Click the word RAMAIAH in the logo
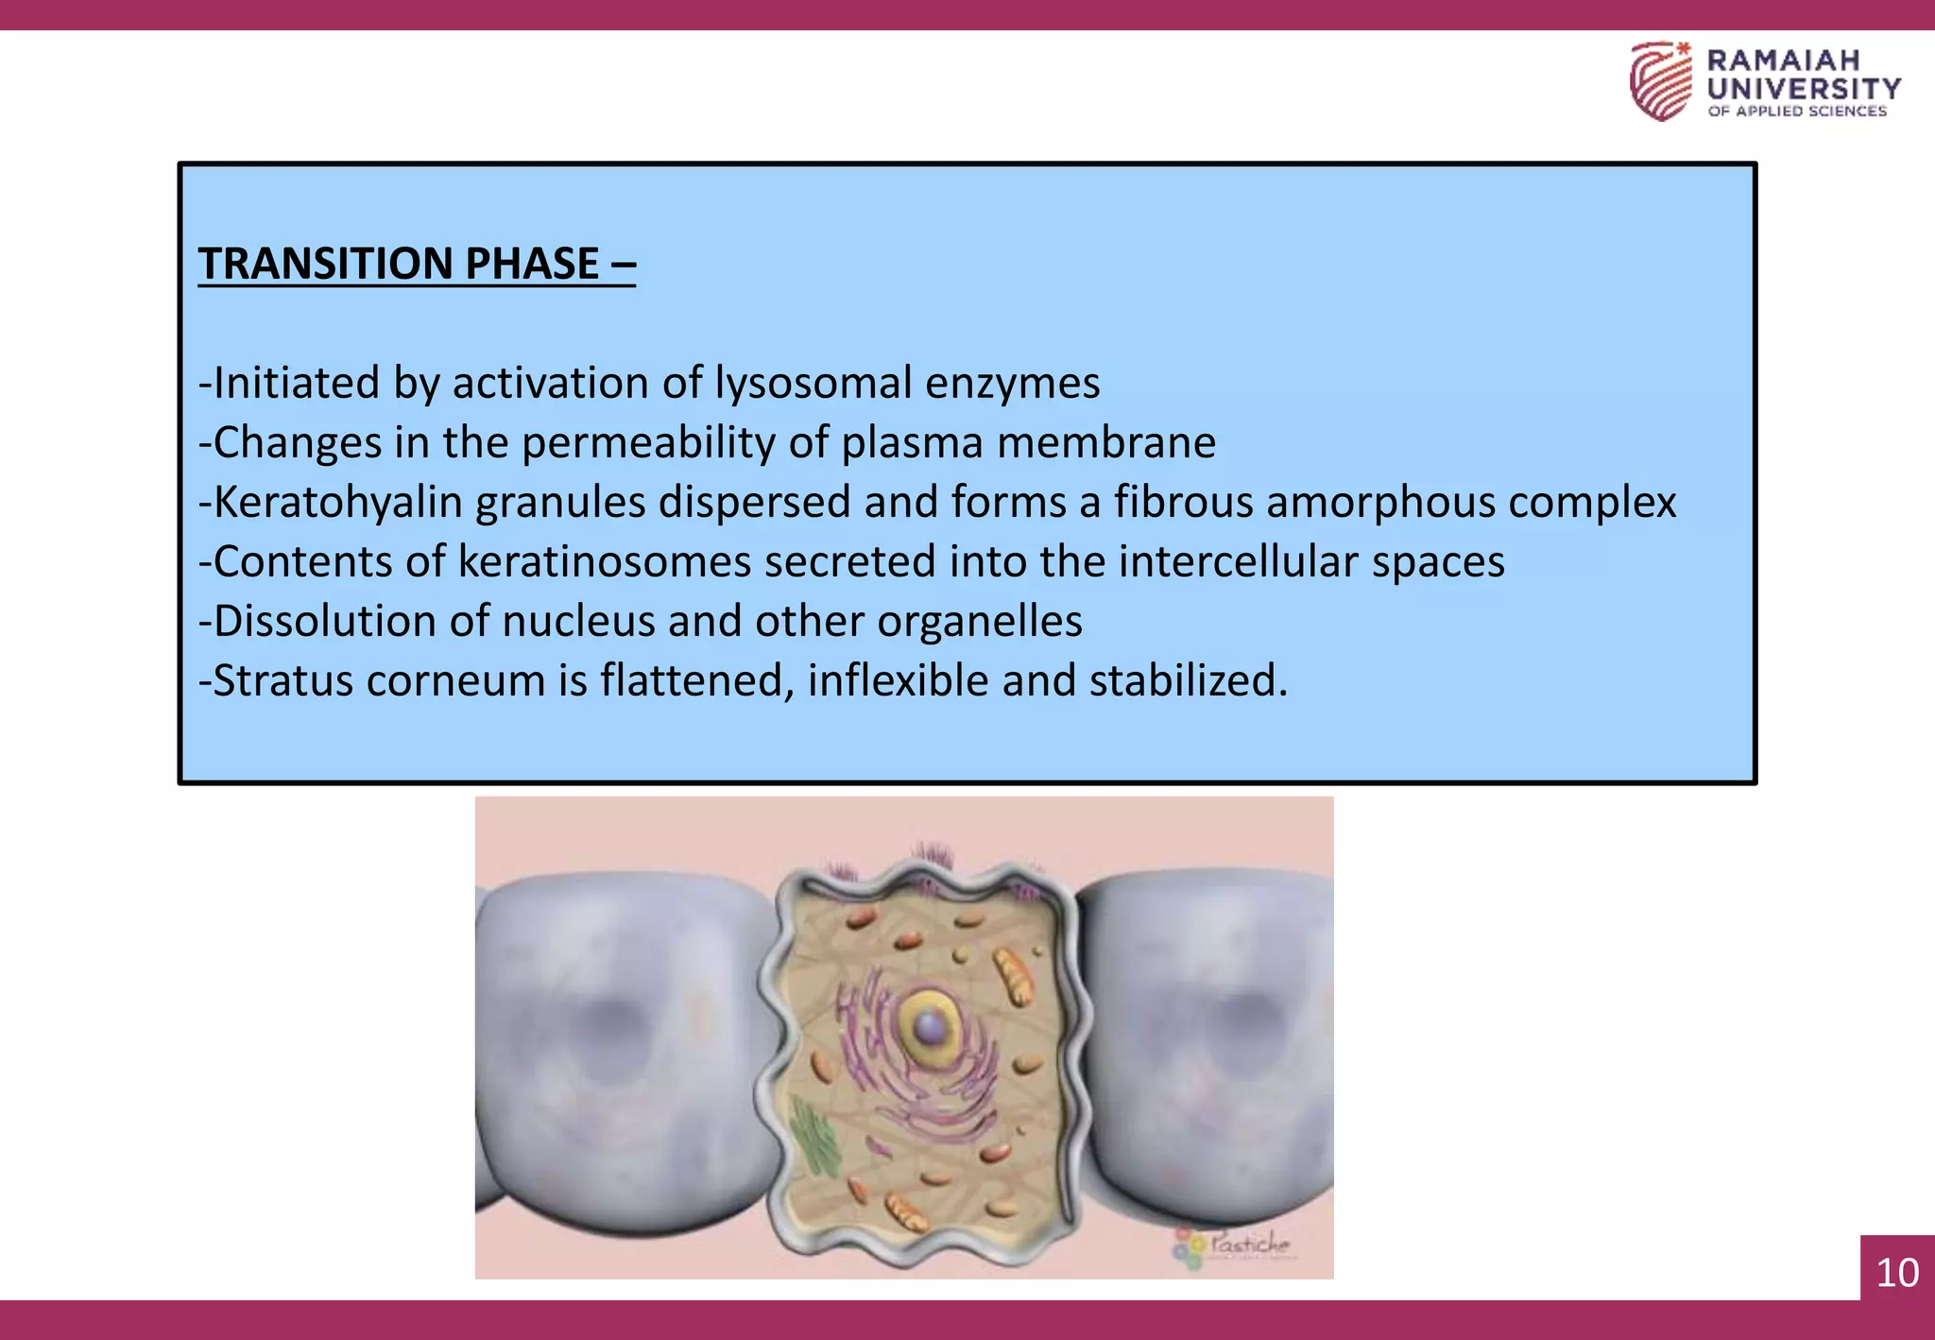[1783, 60]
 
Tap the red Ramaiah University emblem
[1661, 81]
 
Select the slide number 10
[1897, 1272]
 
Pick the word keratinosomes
[605, 561]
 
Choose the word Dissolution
[349, 621]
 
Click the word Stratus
[283, 680]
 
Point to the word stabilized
[1189, 680]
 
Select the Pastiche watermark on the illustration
[1234, 1246]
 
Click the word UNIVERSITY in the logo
[1804, 89]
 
